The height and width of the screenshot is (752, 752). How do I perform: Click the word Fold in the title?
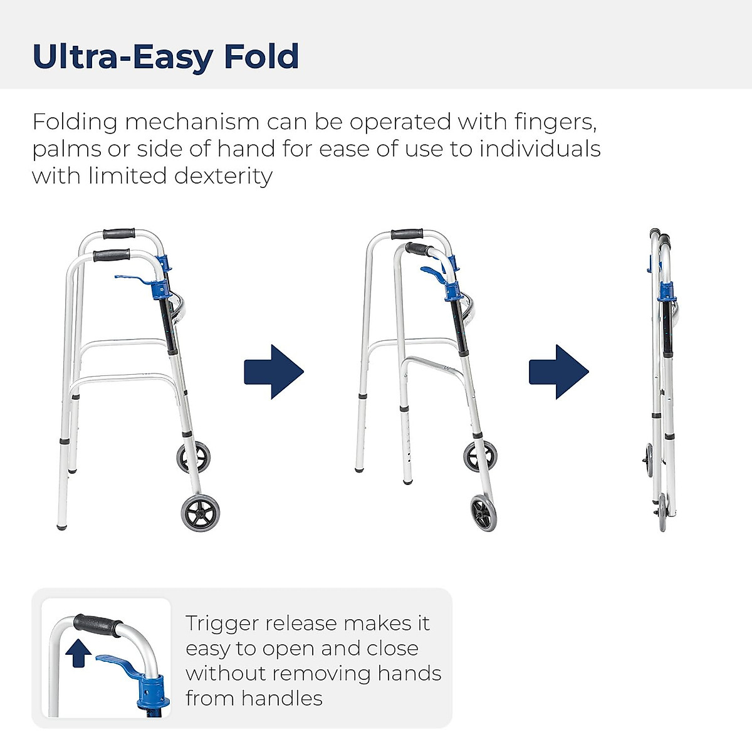tap(261, 56)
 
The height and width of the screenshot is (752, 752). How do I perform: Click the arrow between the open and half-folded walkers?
tap(274, 372)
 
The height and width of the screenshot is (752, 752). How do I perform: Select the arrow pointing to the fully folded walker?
tap(558, 372)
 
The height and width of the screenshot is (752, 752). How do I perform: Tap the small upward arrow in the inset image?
tap(78, 653)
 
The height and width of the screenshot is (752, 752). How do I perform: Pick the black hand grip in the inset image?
tap(97, 624)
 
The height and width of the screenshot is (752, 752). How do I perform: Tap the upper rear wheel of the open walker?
tap(193, 457)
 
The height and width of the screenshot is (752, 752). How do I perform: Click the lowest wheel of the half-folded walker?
tap(483, 513)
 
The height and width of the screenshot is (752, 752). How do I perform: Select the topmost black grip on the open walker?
tap(119, 235)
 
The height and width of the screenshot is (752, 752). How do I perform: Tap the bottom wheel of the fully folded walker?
tap(662, 513)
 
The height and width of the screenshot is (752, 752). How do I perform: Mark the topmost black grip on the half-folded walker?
tap(406, 234)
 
